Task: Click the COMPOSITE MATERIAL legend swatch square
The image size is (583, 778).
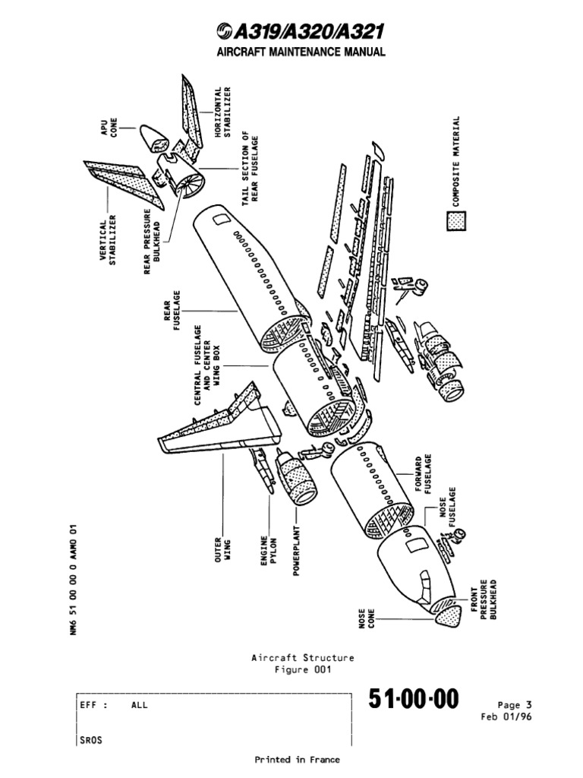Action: click(x=456, y=220)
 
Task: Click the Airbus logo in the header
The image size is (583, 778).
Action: click(x=225, y=32)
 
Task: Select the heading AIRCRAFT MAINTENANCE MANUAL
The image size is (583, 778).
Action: click(x=291, y=52)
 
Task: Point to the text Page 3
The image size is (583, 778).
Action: click(x=515, y=704)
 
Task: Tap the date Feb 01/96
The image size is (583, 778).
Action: click(x=506, y=716)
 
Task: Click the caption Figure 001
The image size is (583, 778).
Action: click(x=302, y=669)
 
